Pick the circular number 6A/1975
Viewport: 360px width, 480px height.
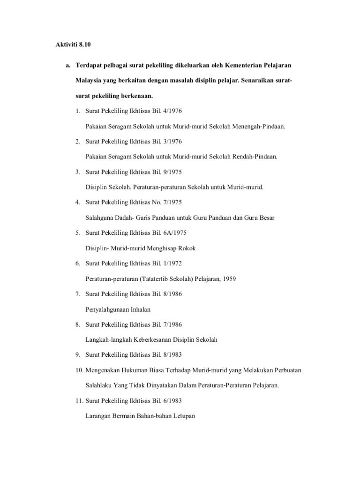(x=174, y=233)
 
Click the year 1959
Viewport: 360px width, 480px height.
(x=228, y=279)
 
